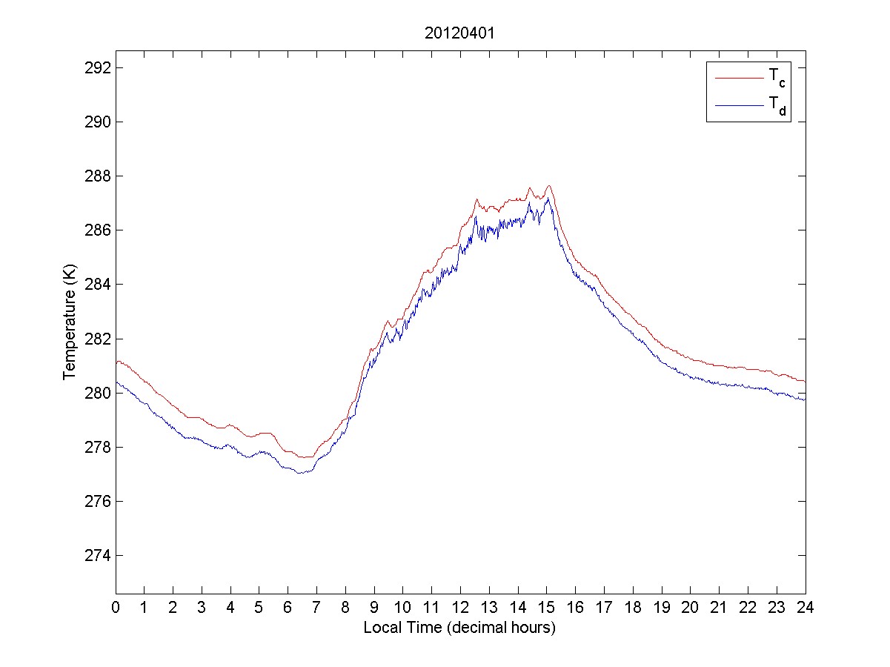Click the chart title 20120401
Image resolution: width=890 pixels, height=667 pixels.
pos(459,33)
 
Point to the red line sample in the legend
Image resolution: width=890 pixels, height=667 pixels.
pos(738,77)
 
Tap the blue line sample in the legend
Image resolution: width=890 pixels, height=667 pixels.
pos(738,107)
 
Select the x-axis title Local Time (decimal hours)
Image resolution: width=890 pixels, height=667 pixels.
pos(459,628)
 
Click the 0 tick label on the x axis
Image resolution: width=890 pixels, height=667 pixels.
pos(116,608)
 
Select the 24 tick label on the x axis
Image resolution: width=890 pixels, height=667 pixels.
pos(806,608)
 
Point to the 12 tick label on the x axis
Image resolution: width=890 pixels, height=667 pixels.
pos(460,608)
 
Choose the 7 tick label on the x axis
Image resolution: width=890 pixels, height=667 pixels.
pos(316,608)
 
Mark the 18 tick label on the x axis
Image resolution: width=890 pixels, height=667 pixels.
pos(633,608)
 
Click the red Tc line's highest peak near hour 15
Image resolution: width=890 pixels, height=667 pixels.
pos(548,186)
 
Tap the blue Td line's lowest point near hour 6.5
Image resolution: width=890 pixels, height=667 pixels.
pos(299,473)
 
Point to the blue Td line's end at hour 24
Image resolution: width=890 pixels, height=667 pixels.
pos(805,400)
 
